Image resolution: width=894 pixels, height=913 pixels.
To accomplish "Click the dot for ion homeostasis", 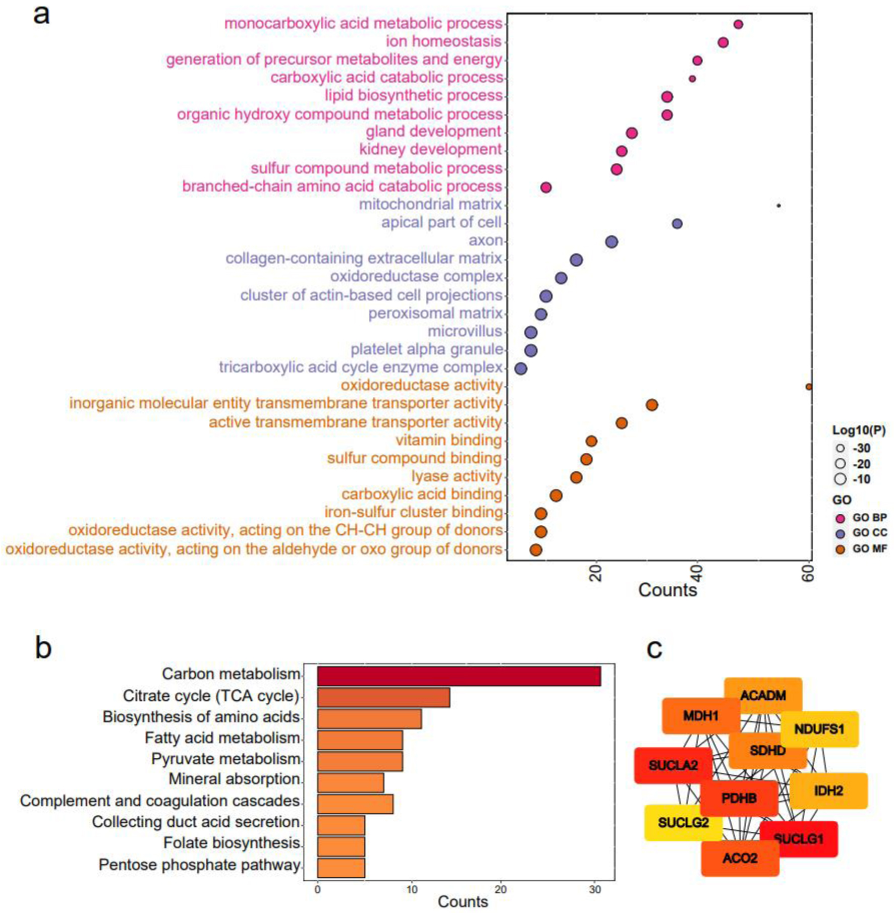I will [x=723, y=42].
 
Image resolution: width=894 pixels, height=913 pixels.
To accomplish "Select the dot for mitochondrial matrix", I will [x=778, y=206].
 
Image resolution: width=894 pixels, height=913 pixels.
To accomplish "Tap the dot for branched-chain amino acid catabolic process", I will [x=545, y=188].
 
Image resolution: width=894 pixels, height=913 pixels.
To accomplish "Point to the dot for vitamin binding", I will [x=591, y=441].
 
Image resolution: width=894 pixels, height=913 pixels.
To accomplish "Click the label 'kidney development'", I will [x=430, y=150].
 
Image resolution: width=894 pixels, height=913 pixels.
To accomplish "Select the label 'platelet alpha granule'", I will [x=426, y=349].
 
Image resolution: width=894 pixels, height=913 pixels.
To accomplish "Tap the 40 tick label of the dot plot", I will [x=697, y=573].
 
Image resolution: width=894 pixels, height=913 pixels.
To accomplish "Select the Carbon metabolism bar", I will [x=459, y=676].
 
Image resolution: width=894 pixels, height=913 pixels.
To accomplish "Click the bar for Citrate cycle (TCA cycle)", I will [x=383, y=697].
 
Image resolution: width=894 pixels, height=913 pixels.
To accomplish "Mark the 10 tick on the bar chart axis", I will [x=412, y=890].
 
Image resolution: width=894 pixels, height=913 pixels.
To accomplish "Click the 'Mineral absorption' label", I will [x=234, y=779].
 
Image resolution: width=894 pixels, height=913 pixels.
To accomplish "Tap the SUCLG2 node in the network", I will [x=683, y=823].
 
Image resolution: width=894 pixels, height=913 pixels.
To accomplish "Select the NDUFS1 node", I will [x=819, y=729].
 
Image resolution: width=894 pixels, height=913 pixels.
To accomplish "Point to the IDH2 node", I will [x=828, y=790].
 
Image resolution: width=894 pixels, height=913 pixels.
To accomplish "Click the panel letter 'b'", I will [x=43, y=648].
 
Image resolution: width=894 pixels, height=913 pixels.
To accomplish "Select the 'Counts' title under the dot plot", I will [x=667, y=590].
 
